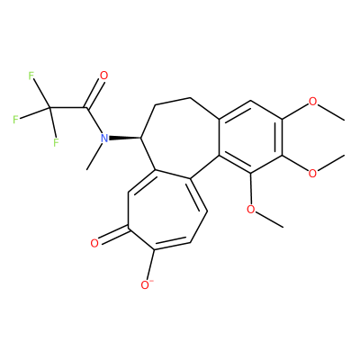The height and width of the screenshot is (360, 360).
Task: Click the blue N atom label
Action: point(104,139)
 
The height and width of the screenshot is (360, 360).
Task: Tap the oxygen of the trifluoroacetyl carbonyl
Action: point(103,76)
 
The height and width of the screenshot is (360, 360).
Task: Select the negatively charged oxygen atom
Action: point(146,284)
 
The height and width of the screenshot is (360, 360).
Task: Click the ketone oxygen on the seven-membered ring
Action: point(94,243)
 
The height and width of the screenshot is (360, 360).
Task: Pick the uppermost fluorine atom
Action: point(31,76)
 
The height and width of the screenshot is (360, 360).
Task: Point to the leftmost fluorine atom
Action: point(15,120)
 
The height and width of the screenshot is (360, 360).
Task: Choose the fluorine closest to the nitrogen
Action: point(56,142)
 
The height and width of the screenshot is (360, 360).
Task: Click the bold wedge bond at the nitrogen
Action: point(125,139)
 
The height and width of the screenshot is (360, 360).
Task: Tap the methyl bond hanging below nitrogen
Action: point(94,157)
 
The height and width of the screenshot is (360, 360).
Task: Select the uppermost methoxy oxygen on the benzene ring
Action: point(312,102)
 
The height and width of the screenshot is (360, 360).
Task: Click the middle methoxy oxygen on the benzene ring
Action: point(312,174)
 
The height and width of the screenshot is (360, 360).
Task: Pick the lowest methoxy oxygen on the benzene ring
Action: point(250,209)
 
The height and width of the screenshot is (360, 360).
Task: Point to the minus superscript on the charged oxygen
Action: point(151,281)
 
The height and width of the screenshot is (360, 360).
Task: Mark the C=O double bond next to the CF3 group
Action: point(94,93)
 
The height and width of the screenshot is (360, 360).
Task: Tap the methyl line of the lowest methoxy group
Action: point(269,220)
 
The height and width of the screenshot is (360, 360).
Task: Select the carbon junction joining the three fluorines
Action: point(49,108)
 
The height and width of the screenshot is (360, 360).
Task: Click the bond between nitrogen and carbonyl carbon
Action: point(94,121)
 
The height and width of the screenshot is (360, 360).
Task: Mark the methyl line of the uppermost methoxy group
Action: point(331,112)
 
